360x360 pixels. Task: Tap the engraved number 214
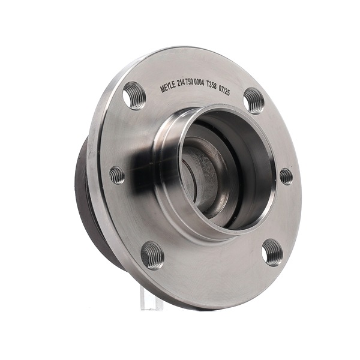182,83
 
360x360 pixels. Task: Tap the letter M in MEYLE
163,89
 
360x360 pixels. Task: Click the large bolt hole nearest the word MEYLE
134,95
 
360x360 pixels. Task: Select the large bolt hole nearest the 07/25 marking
253,101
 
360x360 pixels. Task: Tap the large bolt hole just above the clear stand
152,256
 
